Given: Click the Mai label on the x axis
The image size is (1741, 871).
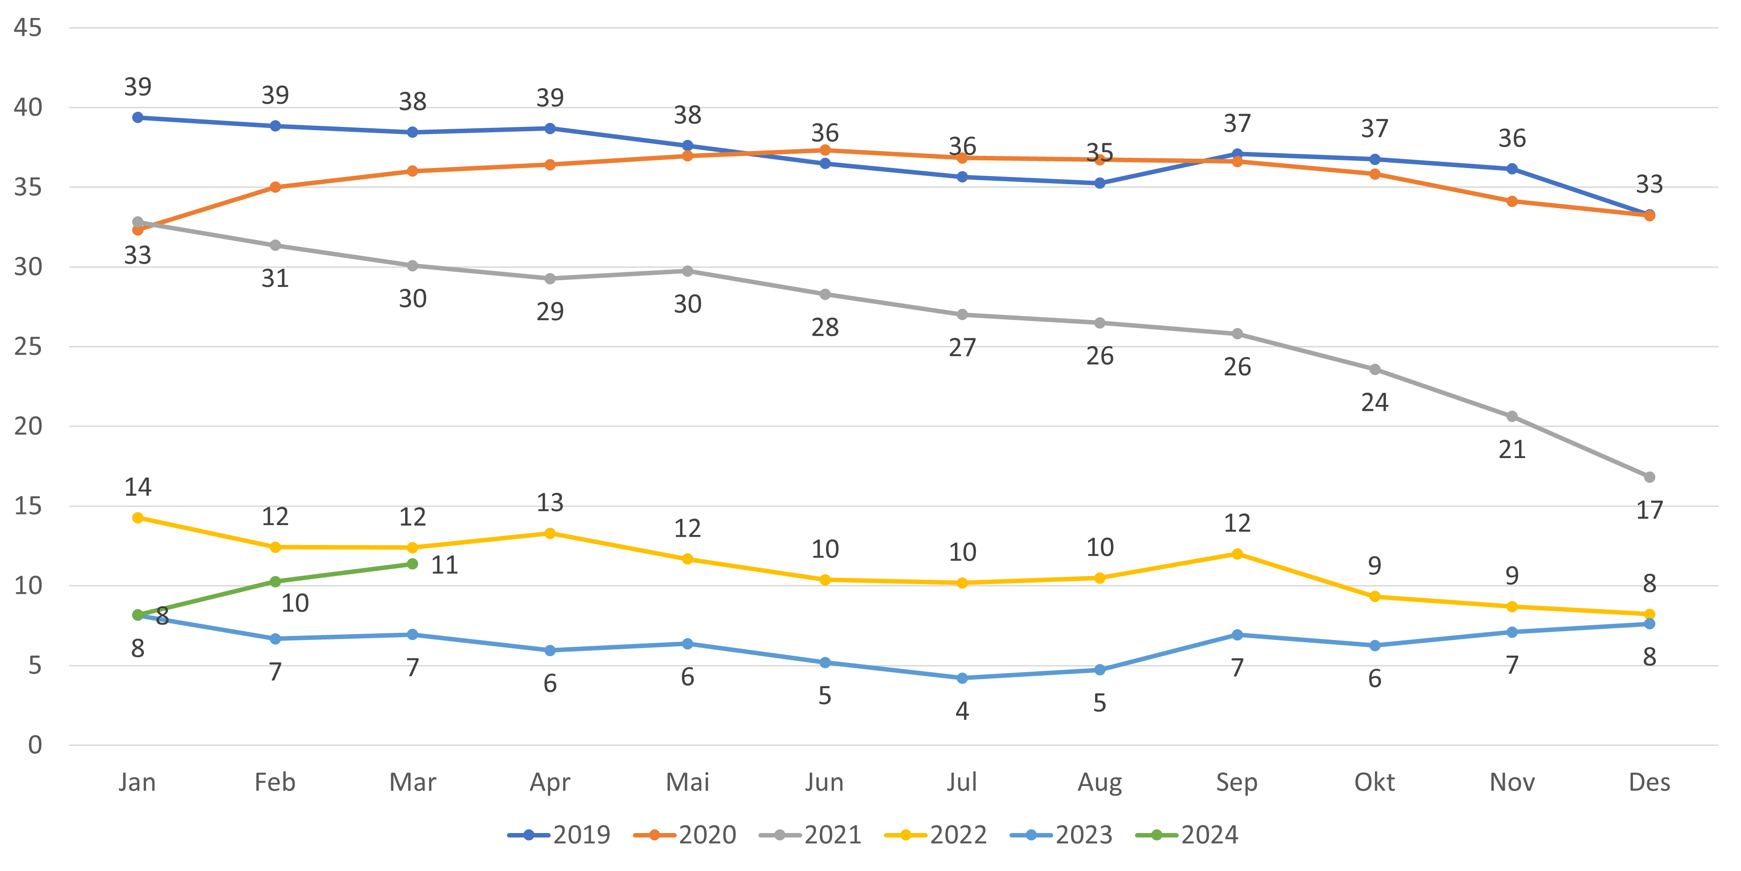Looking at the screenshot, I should pyautogui.click(x=687, y=783).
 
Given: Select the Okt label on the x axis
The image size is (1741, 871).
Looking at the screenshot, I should pyautogui.click(x=1374, y=783).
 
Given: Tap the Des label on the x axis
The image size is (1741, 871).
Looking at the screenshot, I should pyautogui.click(x=1649, y=783).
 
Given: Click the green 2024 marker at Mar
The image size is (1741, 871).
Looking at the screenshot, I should pyautogui.click(x=412, y=564).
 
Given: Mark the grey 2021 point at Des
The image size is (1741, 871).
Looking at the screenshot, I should pyautogui.click(x=1649, y=477).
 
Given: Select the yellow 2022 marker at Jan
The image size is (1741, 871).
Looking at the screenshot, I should pyautogui.click(x=138, y=518).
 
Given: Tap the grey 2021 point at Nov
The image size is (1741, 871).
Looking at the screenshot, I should pyautogui.click(x=1512, y=417).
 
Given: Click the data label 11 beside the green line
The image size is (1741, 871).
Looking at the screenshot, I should pyautogui.click(x=445, y=565).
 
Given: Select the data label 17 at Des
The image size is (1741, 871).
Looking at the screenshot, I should pyautogui.click(x=1649, y=510).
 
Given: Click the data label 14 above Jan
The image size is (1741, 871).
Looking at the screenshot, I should pyautogui.click(x=138, y=488).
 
